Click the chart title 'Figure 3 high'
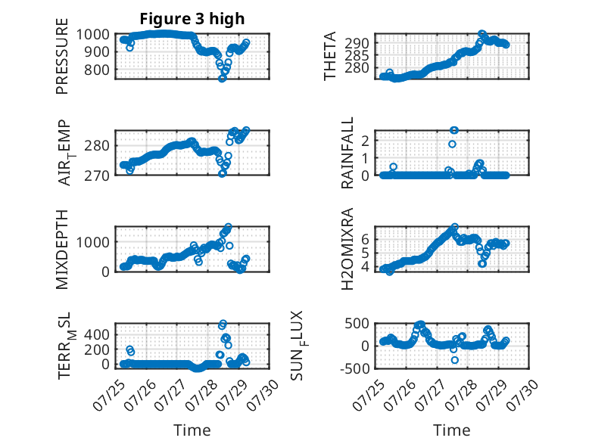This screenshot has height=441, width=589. pyautogui.click(x=192, y=18)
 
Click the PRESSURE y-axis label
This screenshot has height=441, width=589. pyautogui.click(x=62, y=56)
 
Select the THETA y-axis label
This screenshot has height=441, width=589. pyautogui.click(x=329, y=56)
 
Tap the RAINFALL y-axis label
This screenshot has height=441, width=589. pyautogui.click(x=347, y=152)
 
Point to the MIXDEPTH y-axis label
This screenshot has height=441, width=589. pyautogui.click(x=62, y=249)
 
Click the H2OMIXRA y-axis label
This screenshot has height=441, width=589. pyautogui.click(x=347, y=249)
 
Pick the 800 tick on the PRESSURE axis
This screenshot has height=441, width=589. pyautogui.click(x=97, y=70)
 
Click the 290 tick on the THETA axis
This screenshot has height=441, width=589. pyautogui.click(x=357, y=43)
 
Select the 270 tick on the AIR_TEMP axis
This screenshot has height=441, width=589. pyautogui.click(x=97, y=175)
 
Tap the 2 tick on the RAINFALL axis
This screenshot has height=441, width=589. pyautogui.click(x=365, y=141)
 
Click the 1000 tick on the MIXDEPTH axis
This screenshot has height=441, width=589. pyautogui.click(x=93, y=242)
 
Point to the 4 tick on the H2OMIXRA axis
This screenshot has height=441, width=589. pyautogui.click(x=365, y=267)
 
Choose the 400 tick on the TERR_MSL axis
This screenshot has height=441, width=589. pyautogui.click(x=97, y=334)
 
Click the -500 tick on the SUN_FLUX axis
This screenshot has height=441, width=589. pyautogui.click(x=354, y=368)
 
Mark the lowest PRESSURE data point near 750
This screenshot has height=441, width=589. pyautogui.click(x=223, y=79)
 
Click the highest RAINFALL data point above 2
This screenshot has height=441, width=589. pyautogui.click(x=454, y=130)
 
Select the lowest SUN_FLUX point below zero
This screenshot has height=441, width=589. pyautogui.click(x=455, y=360)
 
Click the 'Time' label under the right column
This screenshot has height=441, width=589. pyautogui.click(x=452, y=430)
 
